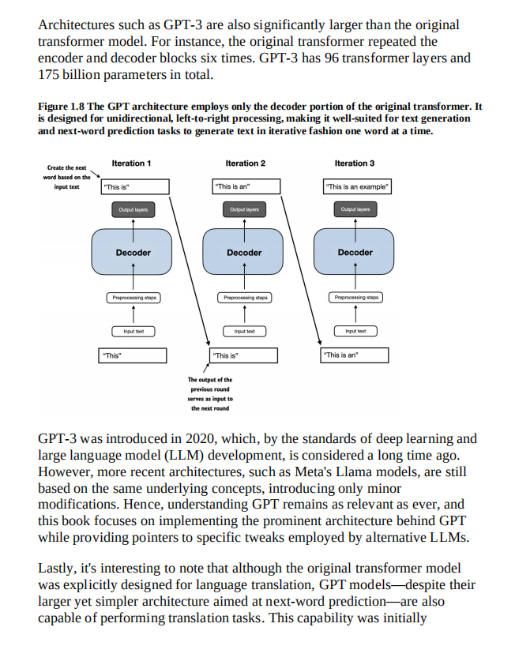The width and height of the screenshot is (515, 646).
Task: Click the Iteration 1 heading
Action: tap(131, 163)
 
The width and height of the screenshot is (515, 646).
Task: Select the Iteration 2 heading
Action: tap(245, 163)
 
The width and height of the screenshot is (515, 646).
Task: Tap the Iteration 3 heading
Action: tap(355, 163)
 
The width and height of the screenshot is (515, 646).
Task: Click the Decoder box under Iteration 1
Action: tap(133, 253)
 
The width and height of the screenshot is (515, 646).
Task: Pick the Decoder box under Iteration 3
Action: tap(355, 253)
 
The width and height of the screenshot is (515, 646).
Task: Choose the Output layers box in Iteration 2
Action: tap(245, 210)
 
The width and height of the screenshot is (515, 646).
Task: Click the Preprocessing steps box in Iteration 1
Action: tap(133, 298)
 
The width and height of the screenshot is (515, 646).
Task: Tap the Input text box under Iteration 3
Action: tap(355, 331)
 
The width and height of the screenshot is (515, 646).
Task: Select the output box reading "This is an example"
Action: tap(357, 187)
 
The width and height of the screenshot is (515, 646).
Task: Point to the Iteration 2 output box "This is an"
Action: tap(246, 187)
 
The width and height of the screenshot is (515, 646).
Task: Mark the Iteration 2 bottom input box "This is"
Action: tap(246, 355)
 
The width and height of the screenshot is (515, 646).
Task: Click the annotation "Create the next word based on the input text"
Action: tap(67, 178)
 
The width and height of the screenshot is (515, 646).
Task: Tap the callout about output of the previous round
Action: tap(210, 394)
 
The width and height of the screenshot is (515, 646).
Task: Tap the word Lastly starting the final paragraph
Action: tap(56, 569)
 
